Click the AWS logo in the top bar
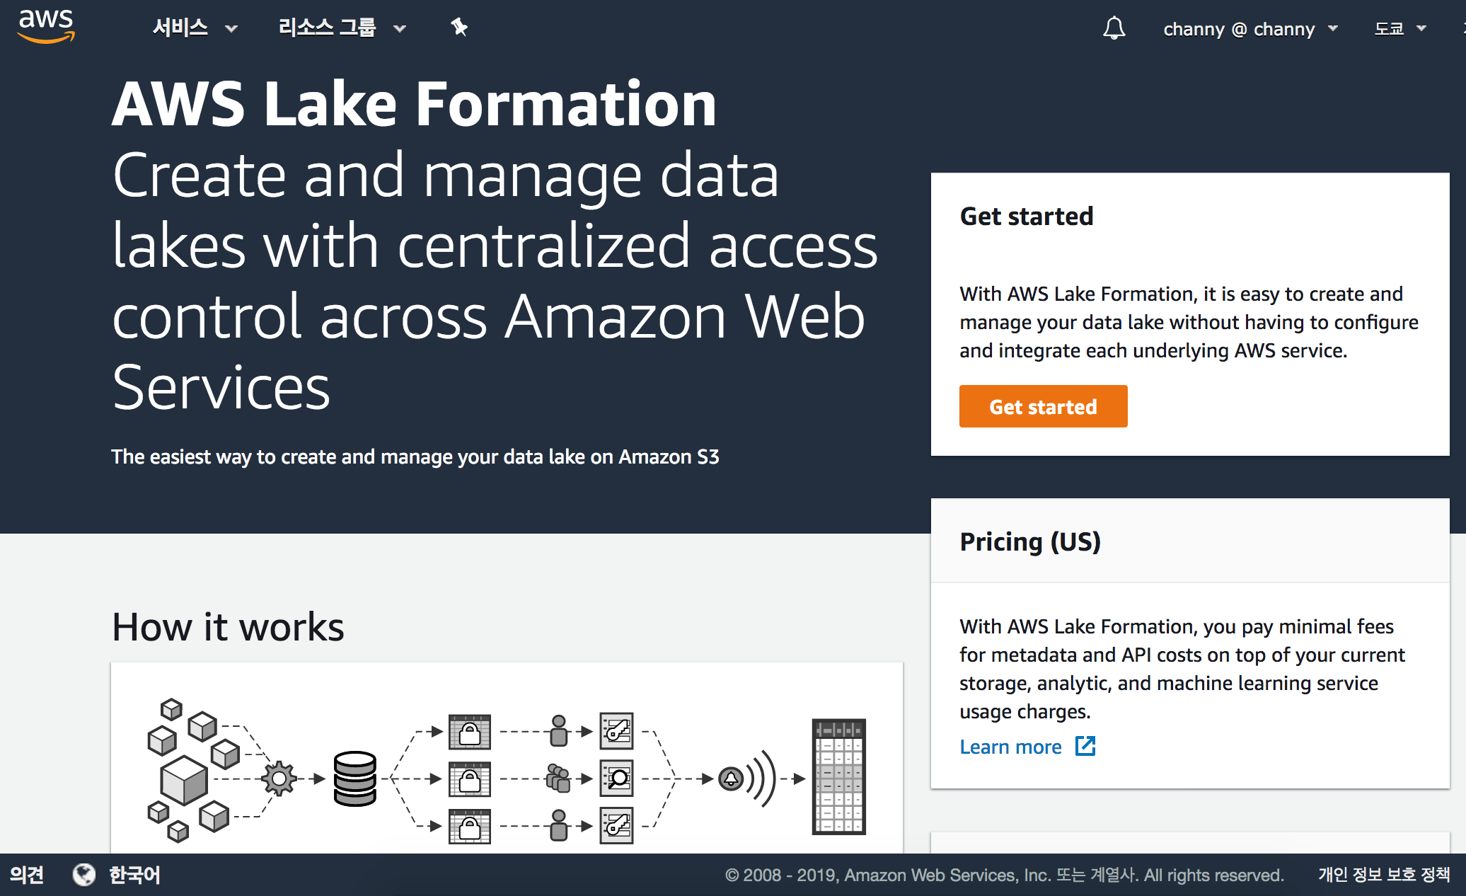tap(46, 26)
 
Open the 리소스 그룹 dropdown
tap(341, 28)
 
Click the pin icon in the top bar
tap(459, 28)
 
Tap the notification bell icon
tap(1114, 28)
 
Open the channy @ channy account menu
tap(1249, 29)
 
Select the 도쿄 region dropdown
tap(1399, 29)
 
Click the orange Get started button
tap(1043, 407)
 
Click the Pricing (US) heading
tap(1029, 542)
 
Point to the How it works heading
tap(228, 627)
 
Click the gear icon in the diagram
tap(279, 779)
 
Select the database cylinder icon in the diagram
tap(354, 779)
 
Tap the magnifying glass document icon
tap(617, 779)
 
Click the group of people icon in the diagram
tap(558, 779)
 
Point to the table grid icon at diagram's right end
tap(838, 776)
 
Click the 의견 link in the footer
tap(27, 875)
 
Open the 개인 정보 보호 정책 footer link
tap(1383, 875)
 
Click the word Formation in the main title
tap(566, 105)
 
